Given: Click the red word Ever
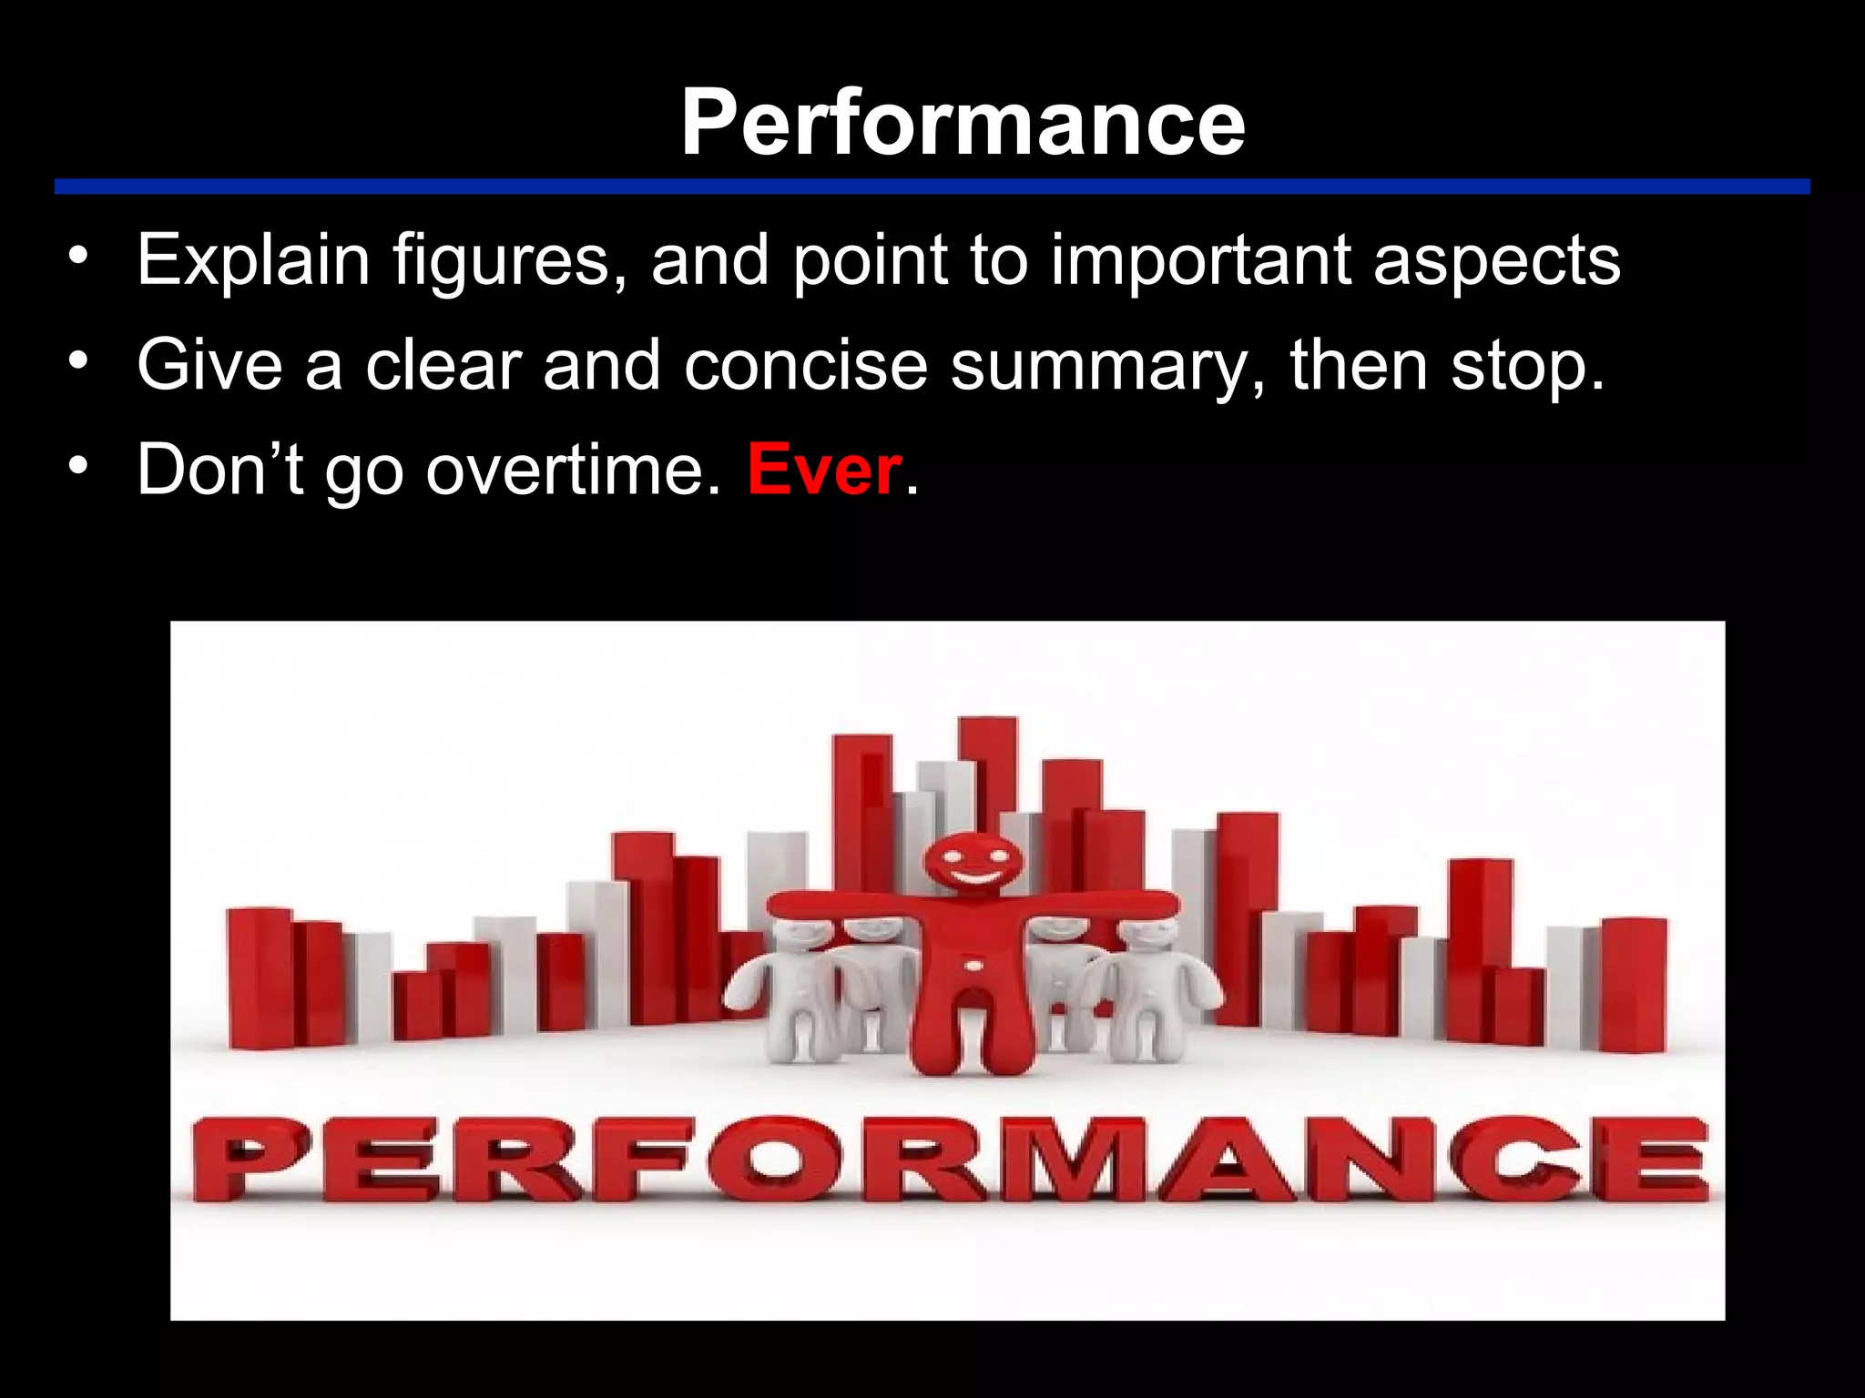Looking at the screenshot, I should click(x=824, y=470).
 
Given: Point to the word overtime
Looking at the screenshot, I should click(x=573, y=470).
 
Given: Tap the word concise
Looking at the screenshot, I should click(x=805, y=366).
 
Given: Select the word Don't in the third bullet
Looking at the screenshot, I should click(x=219, y=470).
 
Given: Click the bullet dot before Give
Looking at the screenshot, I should click(x=79, y=361).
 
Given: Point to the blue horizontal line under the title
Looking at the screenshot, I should click(x=932, y=187).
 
